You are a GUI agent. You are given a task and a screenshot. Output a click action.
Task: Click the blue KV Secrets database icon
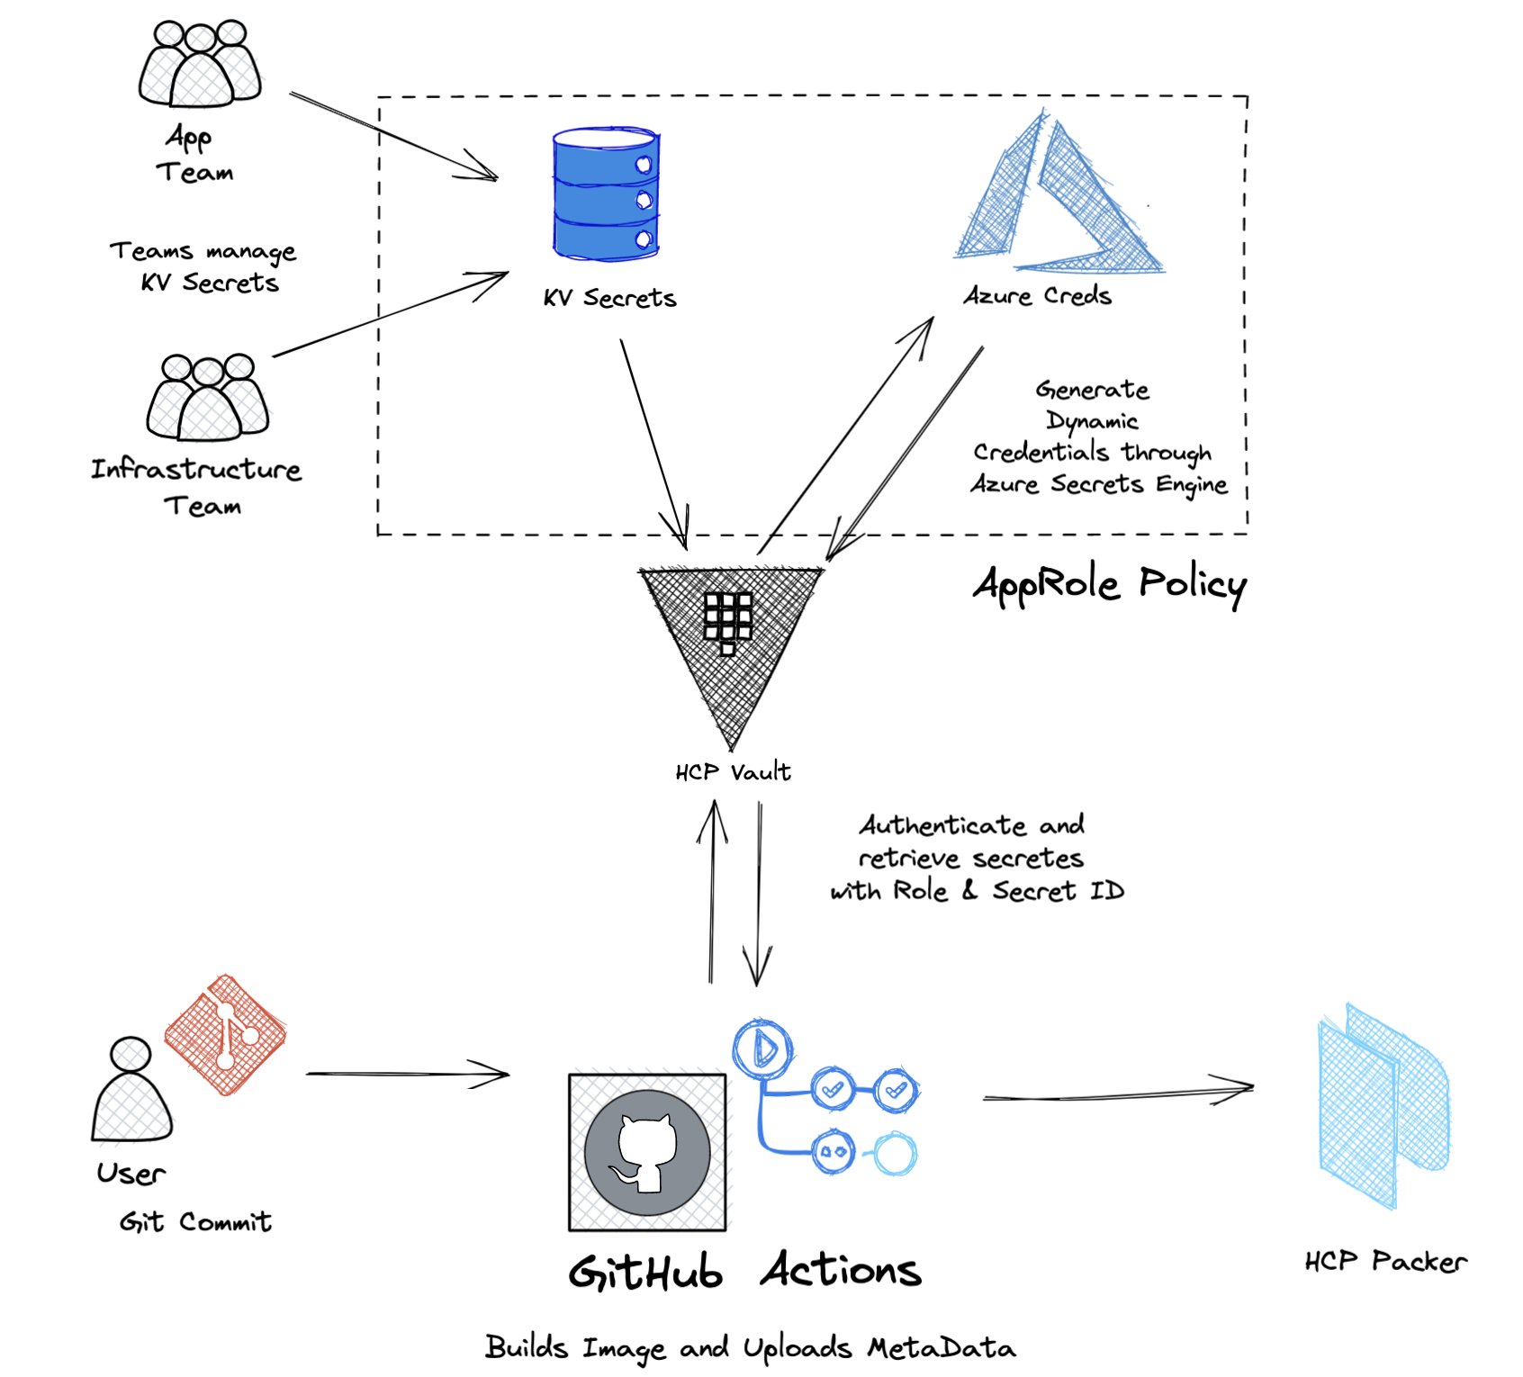(606, 194)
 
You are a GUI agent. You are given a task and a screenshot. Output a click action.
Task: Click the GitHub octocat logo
(647, 1152)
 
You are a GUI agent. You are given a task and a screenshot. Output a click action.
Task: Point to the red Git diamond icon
(225, 1035)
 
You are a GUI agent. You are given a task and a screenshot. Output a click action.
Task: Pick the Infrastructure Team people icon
(208, 398)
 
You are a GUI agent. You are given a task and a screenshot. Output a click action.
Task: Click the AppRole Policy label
(1109, 585)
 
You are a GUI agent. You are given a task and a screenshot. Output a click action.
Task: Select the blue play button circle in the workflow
(762, 1048)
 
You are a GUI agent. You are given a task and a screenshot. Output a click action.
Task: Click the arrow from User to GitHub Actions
(407, 1074)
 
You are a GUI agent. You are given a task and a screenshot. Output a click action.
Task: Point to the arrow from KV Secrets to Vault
(653, 441)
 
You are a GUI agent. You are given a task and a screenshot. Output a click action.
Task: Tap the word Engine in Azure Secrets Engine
(1192, 485)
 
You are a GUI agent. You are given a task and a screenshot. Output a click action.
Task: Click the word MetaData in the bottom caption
(942, 1347)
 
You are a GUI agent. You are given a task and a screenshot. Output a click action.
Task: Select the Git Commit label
(195, 1221)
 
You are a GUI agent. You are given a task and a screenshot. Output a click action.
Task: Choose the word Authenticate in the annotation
(930, 825)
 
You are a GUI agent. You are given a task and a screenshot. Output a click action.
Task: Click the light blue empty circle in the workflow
(896, 1153)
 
